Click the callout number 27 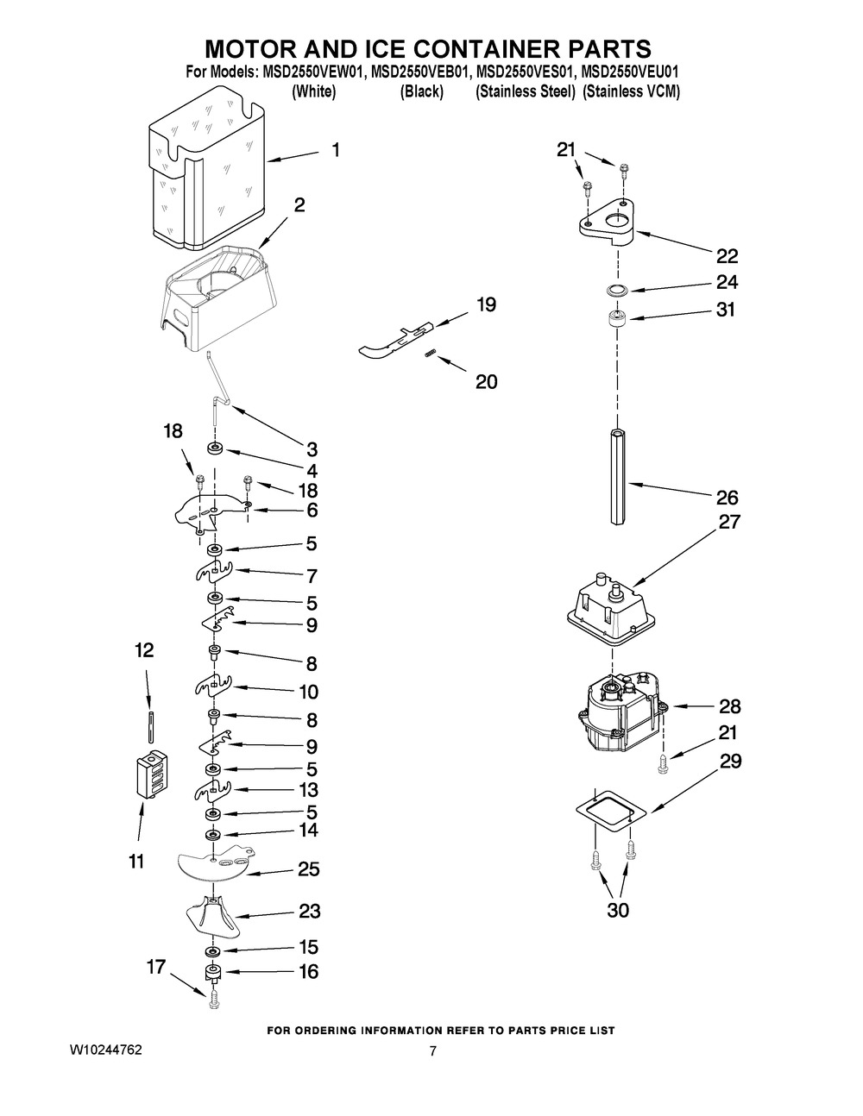pyautogui.click(x=730, y=522)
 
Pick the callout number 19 pyautogui.click(x=486, y=304)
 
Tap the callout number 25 pyautogui.click(x=308, y=869)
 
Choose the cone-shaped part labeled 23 pyautogui.click(x=210, y=917)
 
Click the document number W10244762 pyautogui.click(x=106, y=1050)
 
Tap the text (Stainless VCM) pyautogui.click(x=631, y=92)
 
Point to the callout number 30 pyautogui.click(x=618, y=910)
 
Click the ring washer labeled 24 pyautogui.click(x=614, y=290)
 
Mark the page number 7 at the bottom pyautogui.click(x=433, y=1050)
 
